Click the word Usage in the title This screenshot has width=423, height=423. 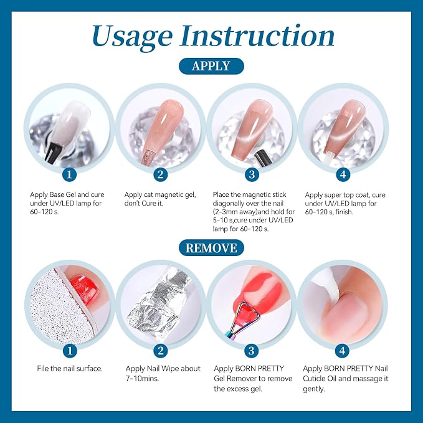coord(132,37)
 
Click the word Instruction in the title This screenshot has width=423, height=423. coord(257,36)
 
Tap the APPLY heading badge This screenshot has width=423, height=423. coord(211,66)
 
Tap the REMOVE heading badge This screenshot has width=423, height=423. coord(211,248)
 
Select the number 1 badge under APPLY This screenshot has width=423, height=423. coord(69,174)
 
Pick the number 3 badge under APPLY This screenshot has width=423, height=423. coord(252,174)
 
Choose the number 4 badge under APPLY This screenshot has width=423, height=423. coord(343,174)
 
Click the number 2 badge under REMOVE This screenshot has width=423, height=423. coord(161,351)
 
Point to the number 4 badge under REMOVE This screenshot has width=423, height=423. coord(343,351)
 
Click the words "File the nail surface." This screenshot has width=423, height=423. coord(70,369)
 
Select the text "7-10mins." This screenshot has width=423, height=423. coord(143,379)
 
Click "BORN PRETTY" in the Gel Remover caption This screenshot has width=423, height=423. coord(260,369)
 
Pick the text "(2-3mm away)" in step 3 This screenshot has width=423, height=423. coord(232,212)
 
